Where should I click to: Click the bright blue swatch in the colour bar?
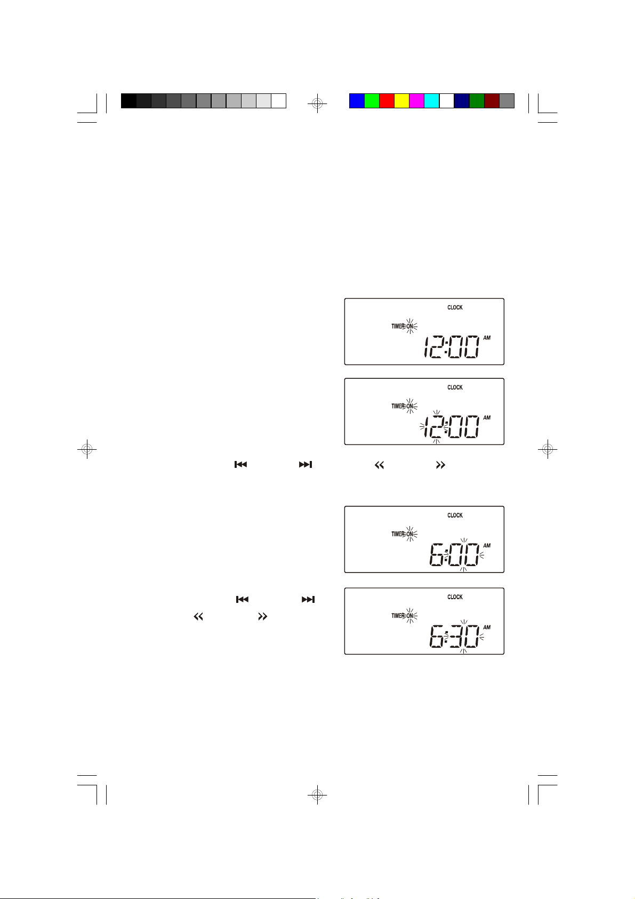[357, 101]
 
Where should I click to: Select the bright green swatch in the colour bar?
[372, 101]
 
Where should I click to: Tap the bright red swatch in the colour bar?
[387, 101]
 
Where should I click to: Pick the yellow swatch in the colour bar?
[401, 101]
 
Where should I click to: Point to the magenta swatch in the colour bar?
[416, 101]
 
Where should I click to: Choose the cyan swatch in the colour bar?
[431, 101]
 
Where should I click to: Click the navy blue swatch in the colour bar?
[461, 101]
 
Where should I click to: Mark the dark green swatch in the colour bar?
[477, 101]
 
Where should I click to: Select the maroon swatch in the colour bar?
[492, 101]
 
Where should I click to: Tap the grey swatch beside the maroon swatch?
[507, 101]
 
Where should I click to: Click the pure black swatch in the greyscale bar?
[128, 101]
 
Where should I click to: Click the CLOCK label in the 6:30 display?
[455, 597]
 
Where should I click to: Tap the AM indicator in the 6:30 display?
[487, 627]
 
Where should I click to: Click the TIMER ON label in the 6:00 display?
[404, 534]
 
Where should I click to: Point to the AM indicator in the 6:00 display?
[487, 546]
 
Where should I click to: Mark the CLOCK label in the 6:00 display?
[455, 515]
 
